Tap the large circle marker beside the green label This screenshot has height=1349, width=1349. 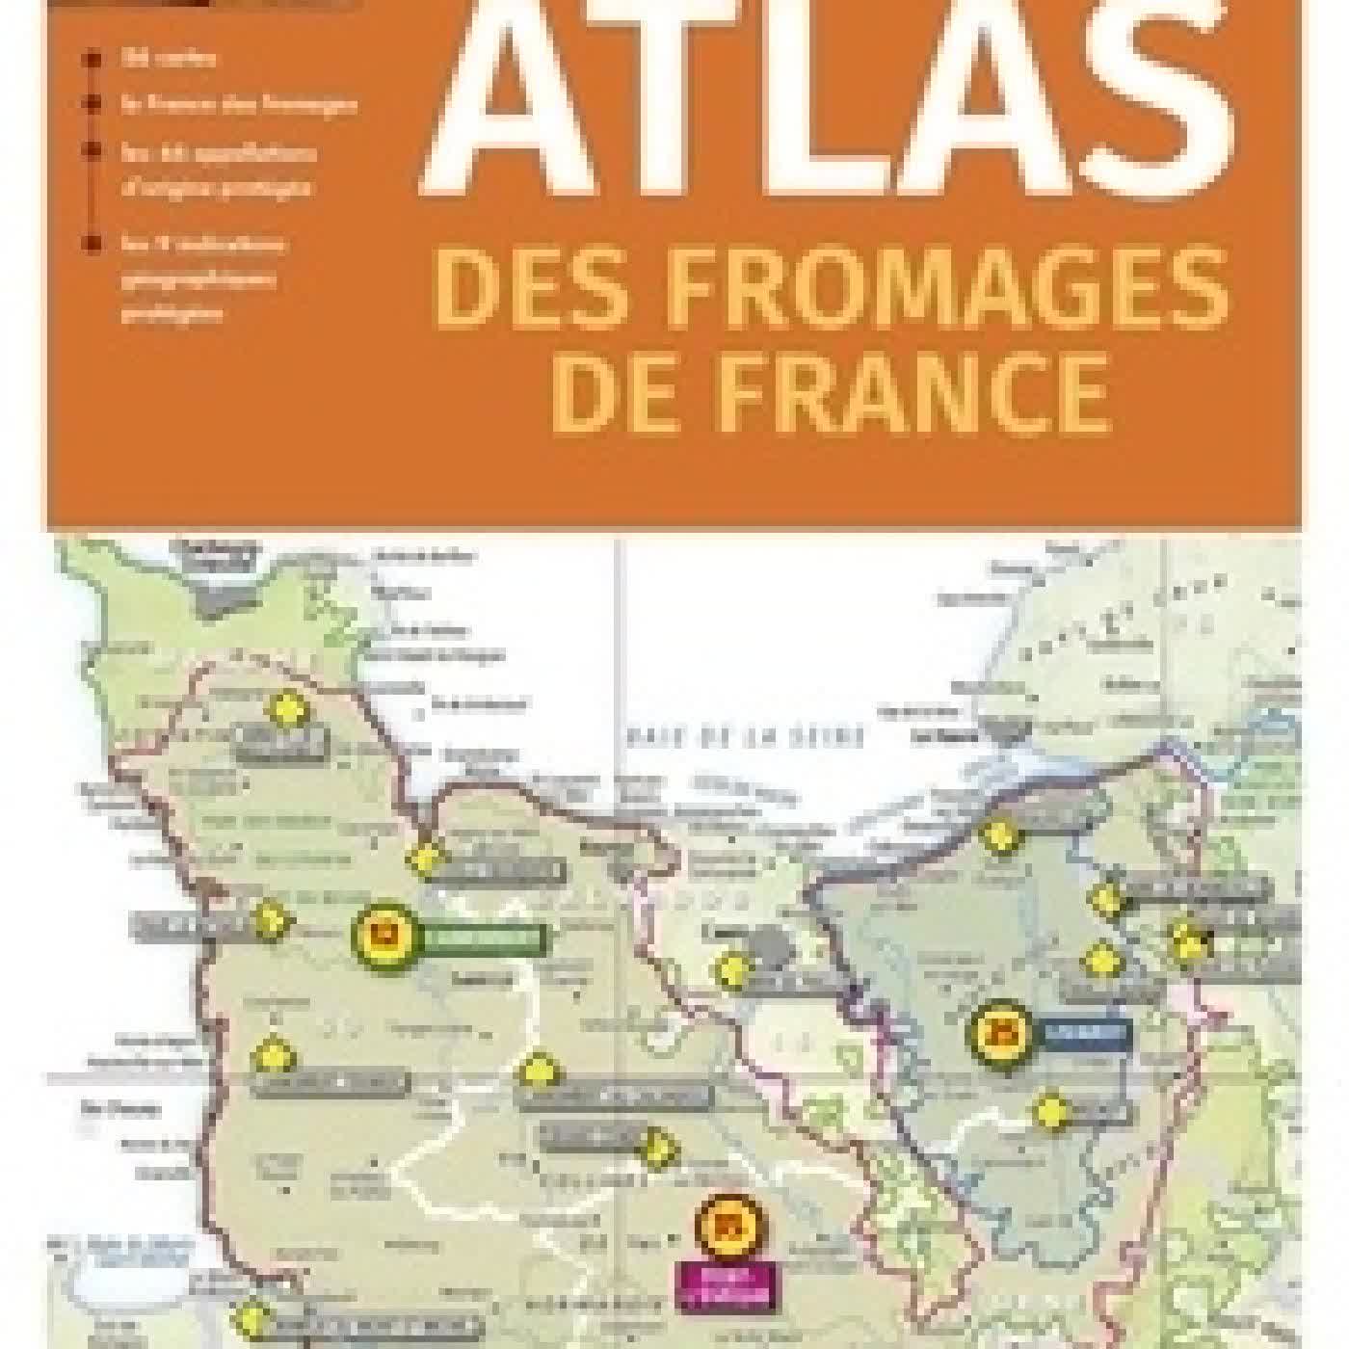pos(384,933)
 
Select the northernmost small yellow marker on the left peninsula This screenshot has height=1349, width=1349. pos(286,709)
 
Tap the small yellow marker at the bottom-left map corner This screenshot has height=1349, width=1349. pos(252,1315)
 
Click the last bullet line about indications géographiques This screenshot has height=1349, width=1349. pos(202,278)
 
